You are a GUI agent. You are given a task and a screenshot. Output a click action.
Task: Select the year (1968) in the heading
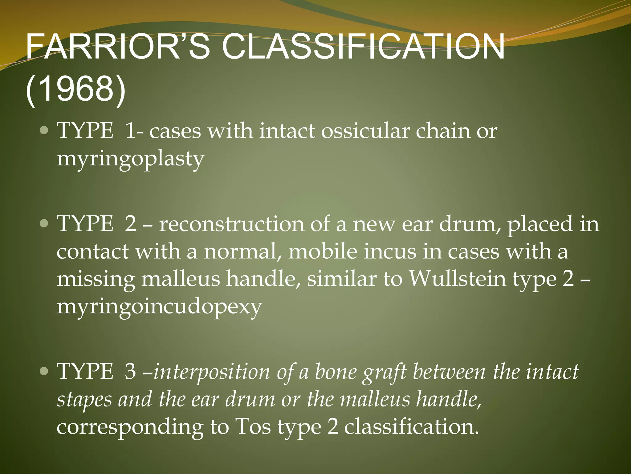pyautogui.click(x=75, y=90)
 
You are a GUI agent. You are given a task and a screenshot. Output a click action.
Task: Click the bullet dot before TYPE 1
pyautogui.click(x=44, y=131)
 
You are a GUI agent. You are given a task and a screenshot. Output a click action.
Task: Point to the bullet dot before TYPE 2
pyautogui.click(x=44, y=224)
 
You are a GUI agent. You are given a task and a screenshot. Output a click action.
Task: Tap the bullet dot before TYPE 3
pyautogui.click(x=44, y=371)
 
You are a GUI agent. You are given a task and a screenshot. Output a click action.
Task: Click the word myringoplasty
pyautogui.click(x=130, y=159)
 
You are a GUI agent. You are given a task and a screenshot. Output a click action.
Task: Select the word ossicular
pyautogui.click(x=365, y=131)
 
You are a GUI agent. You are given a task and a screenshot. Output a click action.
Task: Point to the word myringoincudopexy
pyautogui.click(x=159, y=307)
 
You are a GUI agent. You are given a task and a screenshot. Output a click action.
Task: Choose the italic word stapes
pyautogui.click(x=84, y=399)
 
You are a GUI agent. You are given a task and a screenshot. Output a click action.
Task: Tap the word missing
pyautogui.click(x=96, y=279)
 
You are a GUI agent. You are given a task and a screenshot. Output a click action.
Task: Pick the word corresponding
pyautogui.click(x=130, y=427)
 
